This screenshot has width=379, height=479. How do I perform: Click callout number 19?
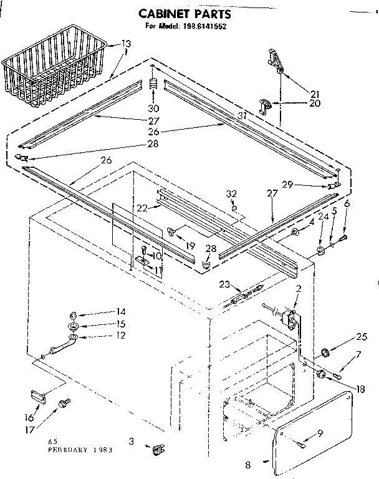pos(189,228)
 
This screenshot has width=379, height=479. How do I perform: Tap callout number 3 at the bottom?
pos(131,442)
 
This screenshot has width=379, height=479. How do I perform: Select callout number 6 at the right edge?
pos(347,204)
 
